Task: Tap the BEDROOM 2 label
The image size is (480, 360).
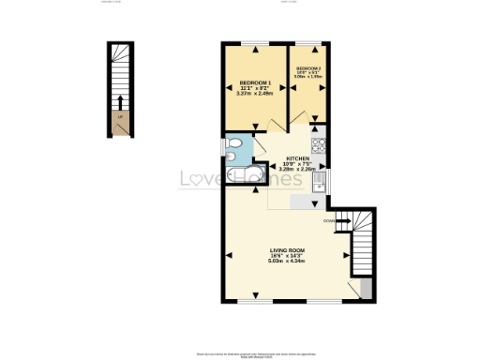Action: click(308, 69)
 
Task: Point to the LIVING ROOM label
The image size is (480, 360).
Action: click(288, 249)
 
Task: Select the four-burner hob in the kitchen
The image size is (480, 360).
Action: click(318, 145)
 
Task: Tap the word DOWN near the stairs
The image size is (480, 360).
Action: click(328, 221)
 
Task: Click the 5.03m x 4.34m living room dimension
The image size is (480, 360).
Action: click(288, 262)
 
